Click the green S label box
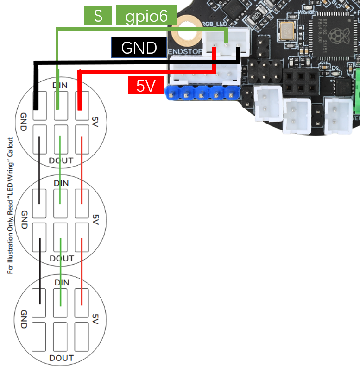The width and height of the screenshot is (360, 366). [98, 16]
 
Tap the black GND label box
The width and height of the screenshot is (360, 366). [139, 48]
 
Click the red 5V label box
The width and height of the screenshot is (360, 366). [145, 86]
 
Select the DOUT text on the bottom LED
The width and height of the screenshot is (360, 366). [61, 358]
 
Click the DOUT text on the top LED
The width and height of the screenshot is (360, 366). [61, 161]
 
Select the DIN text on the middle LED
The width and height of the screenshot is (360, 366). [61, 183]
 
